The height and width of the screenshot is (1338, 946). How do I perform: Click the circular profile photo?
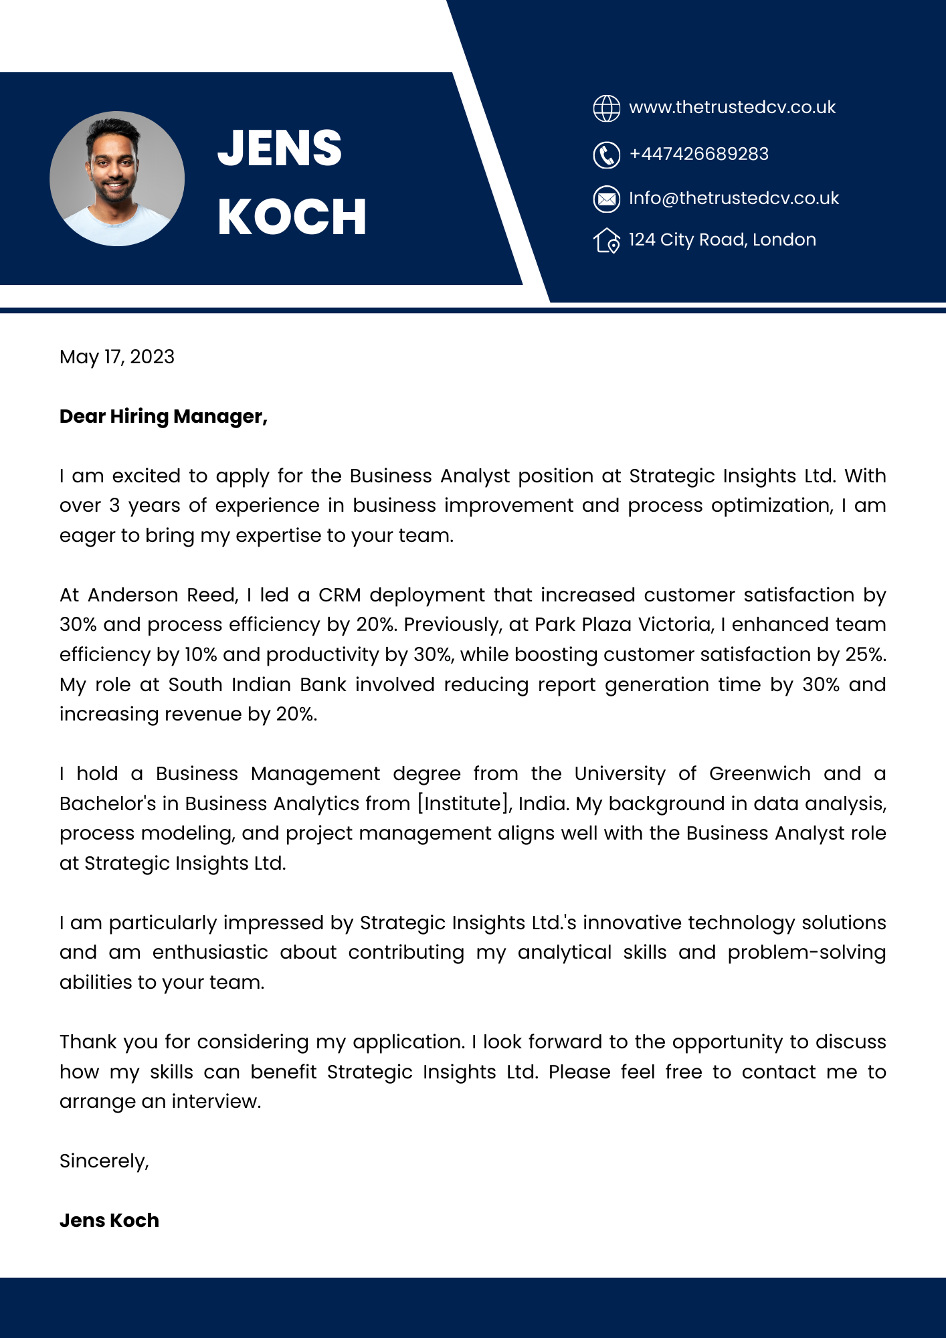(117, 179)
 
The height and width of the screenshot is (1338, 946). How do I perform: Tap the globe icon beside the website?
(607, 108)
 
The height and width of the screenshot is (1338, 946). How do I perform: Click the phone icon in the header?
(607, 155)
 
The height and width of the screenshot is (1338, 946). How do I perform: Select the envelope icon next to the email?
(607, 199)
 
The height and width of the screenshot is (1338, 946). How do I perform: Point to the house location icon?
(607, 241)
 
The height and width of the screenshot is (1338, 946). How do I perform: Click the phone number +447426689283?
(699, 154)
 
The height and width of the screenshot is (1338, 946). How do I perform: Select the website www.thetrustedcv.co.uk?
(733, 107)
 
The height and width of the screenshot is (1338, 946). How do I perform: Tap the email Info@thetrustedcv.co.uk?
(734, 198)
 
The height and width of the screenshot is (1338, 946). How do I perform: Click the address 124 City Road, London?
(723, 240)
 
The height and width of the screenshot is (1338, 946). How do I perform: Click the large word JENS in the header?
(280, 148)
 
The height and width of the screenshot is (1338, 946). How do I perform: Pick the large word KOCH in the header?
(292, 217)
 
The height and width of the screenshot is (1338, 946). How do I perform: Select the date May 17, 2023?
(117, 357)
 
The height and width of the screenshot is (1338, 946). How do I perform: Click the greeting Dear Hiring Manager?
(163, 416)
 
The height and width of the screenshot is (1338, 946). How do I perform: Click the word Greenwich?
(759, 774)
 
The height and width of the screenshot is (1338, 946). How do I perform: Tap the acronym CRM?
(340, 595)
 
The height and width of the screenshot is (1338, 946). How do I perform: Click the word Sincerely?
(104, 1161)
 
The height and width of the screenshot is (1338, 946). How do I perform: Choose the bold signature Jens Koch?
(109, 1220)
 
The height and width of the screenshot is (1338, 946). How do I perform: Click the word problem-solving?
(807, 952)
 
